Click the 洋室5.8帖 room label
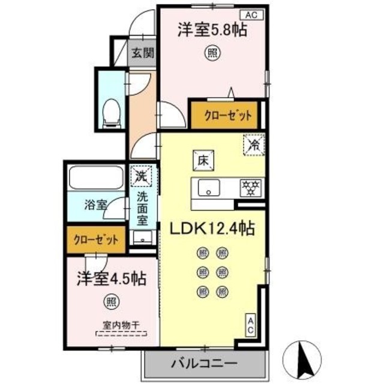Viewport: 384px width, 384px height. pos(211,30)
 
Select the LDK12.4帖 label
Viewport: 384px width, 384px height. pos(212,229)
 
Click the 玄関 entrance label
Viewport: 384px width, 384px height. pos(143,52)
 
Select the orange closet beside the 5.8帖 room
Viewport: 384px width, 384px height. pos(221,114)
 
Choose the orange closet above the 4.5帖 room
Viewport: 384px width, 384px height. pos(96,239)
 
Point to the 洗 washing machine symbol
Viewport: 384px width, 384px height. pos(142,177)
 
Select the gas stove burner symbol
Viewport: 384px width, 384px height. pos(248,187)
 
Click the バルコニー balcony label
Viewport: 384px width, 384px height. pos(204,363)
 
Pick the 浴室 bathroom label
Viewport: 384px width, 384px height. pos(95,204)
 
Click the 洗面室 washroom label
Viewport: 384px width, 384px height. pos(142,208)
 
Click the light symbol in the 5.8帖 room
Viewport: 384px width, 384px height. pos(211,53)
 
